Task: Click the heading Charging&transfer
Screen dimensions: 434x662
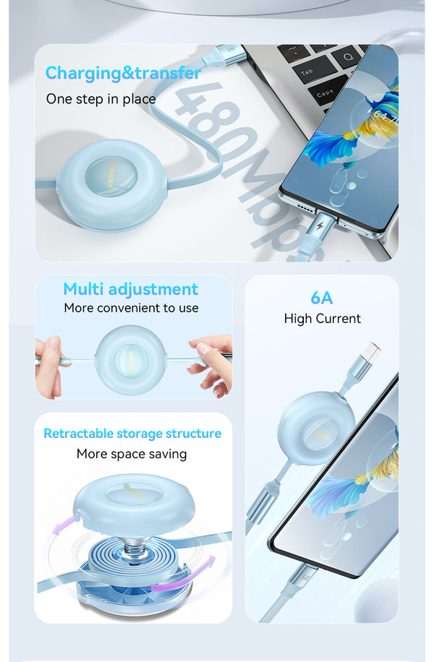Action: coord(123,73)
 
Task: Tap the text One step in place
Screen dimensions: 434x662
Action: coord(101,99)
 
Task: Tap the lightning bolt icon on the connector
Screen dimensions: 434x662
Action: coord(320,225)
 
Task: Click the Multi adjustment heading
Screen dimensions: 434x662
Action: coord(131,289)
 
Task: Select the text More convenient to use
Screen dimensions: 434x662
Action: coord(132,308)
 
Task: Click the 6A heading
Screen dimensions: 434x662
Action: coord(322,298)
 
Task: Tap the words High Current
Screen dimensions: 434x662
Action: coord(323,318)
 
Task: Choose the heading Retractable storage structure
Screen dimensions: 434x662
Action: coord(132,434)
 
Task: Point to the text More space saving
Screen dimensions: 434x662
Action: coord(132,454)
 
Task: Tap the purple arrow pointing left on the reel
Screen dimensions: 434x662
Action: coord(66,525)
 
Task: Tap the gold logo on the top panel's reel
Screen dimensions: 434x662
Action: coord(111,175)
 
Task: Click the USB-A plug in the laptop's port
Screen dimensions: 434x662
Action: coord(223,53)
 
